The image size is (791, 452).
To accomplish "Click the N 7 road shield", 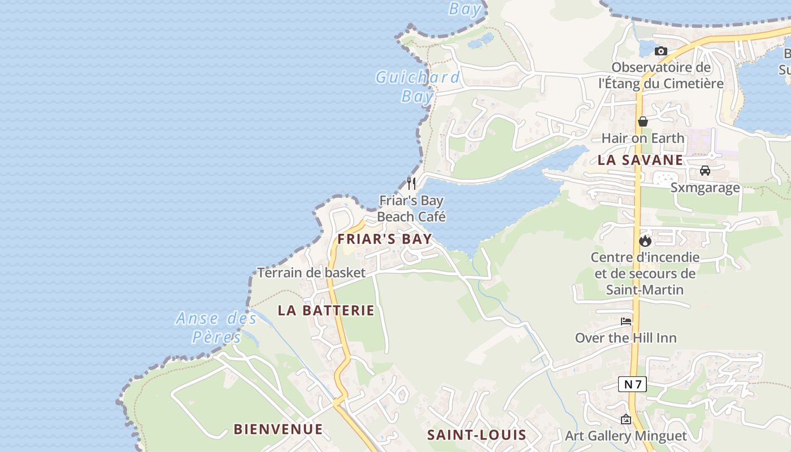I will click(632, 385).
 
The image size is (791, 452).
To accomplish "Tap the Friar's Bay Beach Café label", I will click(411, 208).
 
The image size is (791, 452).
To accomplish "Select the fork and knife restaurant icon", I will click(411, 183).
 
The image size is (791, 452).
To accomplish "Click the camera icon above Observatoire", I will click(660, 51).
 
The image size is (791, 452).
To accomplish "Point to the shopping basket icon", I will click(642, 121).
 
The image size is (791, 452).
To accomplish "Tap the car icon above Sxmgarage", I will click(705, 171).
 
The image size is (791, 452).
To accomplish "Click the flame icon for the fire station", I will click(645, 241).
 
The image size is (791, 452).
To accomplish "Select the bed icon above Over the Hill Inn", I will click(626, 321).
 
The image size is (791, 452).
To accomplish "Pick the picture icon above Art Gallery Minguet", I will click(625, 420).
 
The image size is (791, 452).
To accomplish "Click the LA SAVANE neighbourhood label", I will click(640, 160).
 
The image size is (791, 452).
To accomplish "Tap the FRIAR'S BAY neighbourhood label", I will click(385, 239).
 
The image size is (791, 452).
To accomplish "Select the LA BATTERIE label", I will click(326, 310).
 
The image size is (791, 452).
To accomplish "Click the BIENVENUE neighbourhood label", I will click(278, 429).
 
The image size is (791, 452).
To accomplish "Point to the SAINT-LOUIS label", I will click(476, 435).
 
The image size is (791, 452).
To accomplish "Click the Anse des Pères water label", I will click(216, 328).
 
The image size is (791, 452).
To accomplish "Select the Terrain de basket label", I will click(311, 273).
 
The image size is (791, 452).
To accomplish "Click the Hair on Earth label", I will click(642, 138).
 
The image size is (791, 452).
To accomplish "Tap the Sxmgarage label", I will click(705, 188).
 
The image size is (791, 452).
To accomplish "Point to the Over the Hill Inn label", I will click(625, 338).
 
